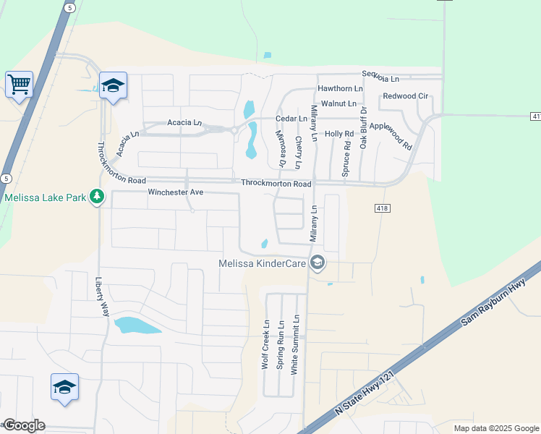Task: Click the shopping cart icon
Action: pos(19,84)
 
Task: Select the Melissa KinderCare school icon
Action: pos(317,263)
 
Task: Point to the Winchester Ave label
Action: pos(176,192)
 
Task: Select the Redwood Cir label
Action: pos(405,96)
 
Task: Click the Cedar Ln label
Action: pos(291,119)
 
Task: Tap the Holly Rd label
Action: pos(338,134)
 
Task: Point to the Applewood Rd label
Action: pos(390,135)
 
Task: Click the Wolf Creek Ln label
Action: pos(265,345)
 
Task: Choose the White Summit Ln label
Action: pos(294,344)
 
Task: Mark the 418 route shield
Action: pos(383,208)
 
